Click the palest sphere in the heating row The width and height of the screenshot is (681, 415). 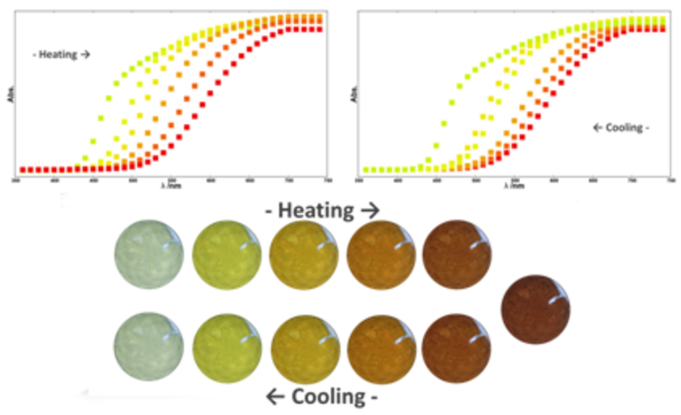click(149, 253)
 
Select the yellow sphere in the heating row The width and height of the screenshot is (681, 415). click(226, 253)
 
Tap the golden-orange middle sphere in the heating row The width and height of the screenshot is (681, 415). click(303, 253)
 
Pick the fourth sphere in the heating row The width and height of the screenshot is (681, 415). click(381, 253)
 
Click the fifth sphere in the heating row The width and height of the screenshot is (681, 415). click(457, 253)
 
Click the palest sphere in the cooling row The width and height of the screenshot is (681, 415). click(149, 350)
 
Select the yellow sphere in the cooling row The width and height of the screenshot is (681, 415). click(226, 350)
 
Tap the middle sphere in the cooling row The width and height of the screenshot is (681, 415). click(303, 350)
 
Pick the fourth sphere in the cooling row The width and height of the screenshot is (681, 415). click(381, 350)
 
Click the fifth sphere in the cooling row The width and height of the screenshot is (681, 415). click(457, 350)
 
